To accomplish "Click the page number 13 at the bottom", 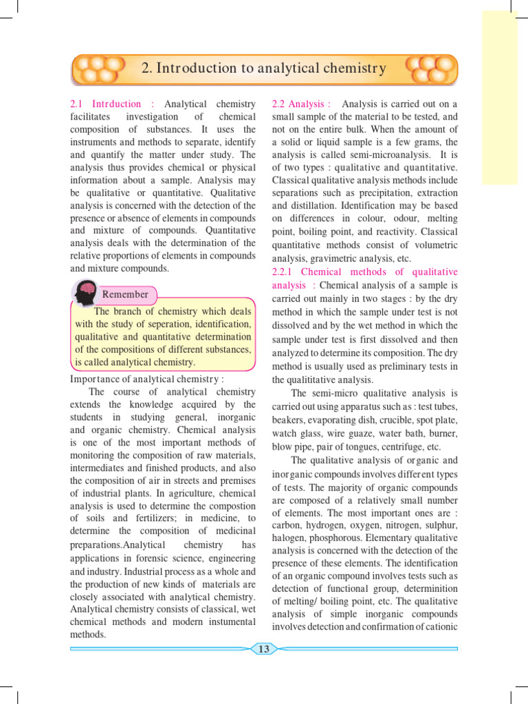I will [x=264, y=649].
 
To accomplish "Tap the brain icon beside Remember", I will [x=85, y=294].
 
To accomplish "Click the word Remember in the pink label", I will [x=125, y=294].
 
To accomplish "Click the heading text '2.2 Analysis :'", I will [x=301, y=104].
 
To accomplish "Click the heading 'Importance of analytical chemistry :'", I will [x=147, y=379].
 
